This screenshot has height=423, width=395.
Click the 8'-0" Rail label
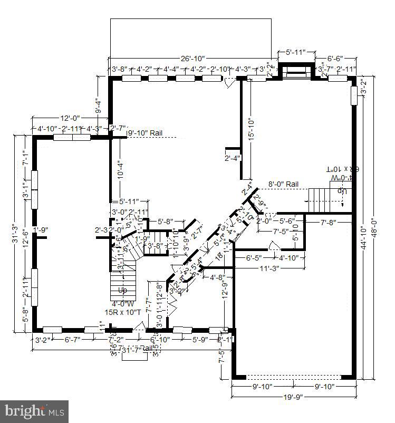283,184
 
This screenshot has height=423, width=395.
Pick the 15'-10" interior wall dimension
252,128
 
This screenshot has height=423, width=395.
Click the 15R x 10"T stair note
123,312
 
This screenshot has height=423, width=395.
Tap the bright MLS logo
35,409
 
